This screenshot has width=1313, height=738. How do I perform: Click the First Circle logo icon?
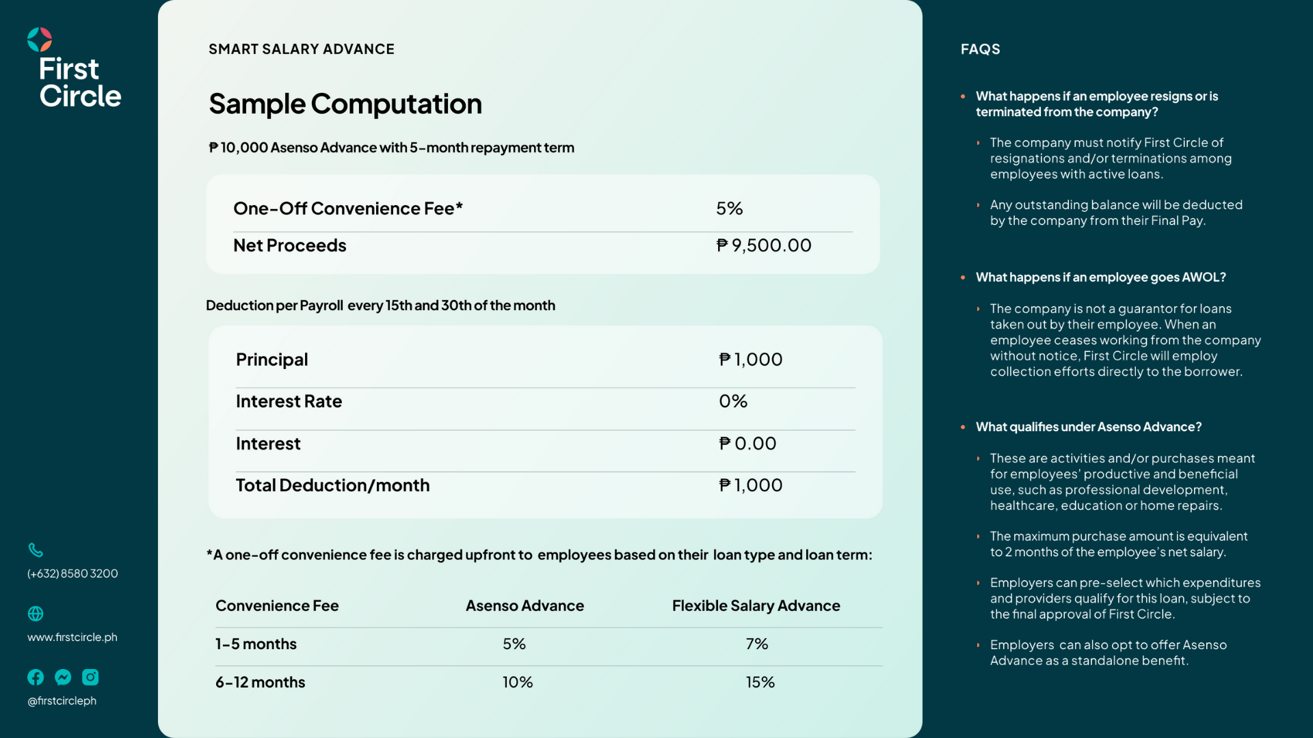[x=40, y=40]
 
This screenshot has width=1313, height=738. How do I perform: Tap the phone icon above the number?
[x=36, y=550]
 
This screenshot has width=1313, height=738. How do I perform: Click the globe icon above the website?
[x=36, y=614]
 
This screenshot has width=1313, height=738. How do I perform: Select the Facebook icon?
[x=36, y=677]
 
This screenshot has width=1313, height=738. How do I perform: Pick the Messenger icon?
[x=63, y=677]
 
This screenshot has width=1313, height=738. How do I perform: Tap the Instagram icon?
[x=90, y=677]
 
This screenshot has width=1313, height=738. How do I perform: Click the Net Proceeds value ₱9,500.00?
[x=763, y=245]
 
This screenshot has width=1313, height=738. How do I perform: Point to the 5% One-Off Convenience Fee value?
[x=729, y=208]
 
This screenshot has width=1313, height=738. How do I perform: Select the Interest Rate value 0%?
[x=733, y=401]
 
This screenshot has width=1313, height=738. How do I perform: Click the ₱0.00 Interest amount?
[x=747, y=443]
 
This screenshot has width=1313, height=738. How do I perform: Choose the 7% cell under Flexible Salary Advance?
[x=757, y=644]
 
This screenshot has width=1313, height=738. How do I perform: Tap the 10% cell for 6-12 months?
[x=518, y=682]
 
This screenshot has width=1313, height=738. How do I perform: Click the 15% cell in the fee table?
[x=760, y=682]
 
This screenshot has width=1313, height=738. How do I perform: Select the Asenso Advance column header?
[x=525, y=605]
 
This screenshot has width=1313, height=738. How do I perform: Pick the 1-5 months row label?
[x=256, y=644]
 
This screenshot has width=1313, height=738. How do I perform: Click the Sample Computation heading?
[x=345, y=104]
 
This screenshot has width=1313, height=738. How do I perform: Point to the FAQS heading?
[x=980, y=49]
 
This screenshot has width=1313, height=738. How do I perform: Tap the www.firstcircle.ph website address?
[x=72, y=637]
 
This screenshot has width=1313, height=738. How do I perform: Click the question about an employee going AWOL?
[x=1100, y=277]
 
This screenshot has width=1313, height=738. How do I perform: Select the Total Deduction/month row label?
[x=332, y=485]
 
